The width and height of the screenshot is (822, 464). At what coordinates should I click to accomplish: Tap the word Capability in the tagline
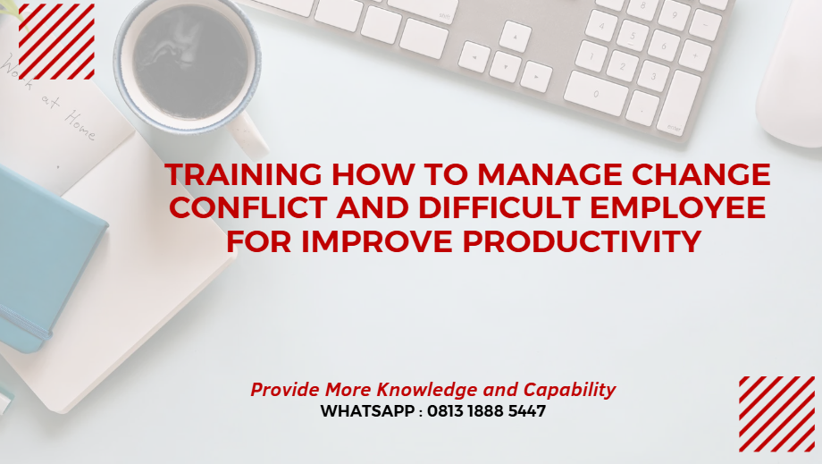tap(569, 390)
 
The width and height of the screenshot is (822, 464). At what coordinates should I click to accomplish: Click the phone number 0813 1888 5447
tap(487, 412)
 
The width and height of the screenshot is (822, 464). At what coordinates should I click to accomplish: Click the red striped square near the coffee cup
tap(56, 41)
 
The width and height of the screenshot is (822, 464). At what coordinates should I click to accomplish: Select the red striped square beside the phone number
tap(776, 413)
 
